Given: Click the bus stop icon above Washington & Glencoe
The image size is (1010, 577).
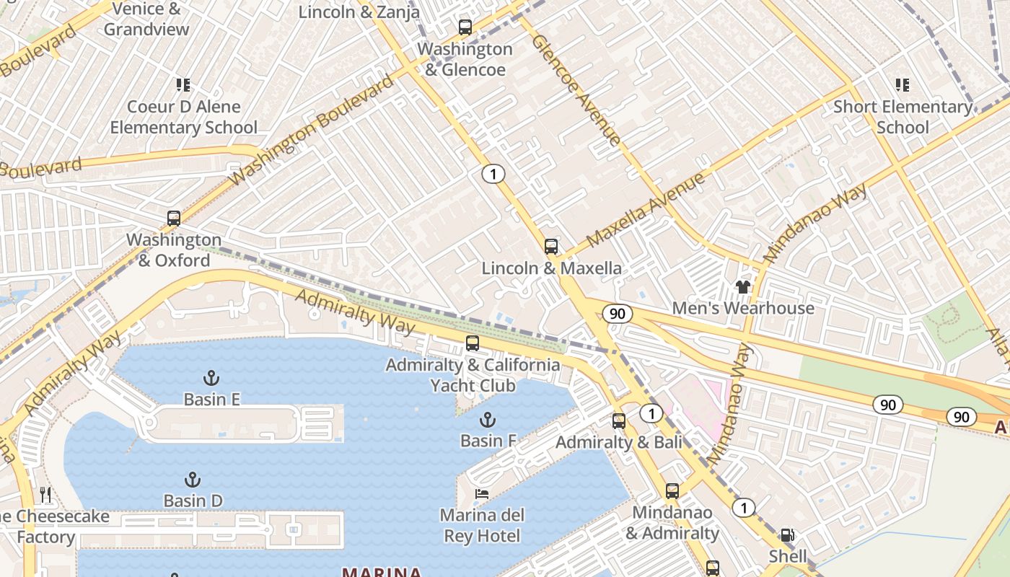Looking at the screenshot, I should click(465, 28).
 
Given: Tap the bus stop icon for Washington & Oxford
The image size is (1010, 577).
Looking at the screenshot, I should click(173, 219).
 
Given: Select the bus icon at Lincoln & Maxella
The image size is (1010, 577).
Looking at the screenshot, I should click(551, 247).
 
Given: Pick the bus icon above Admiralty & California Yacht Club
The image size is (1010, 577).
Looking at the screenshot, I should click(473, 343).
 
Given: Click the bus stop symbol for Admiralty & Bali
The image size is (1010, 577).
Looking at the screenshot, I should click(619, 421).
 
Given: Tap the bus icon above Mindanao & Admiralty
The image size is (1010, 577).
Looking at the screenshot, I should click(672, 491).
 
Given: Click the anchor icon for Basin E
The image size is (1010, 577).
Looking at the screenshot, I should click(211, 378).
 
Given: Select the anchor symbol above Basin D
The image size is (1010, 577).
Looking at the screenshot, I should click(192, 480).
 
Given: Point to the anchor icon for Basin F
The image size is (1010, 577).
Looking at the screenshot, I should click(488, 420).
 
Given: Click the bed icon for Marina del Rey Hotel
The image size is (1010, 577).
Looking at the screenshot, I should click(482, 494).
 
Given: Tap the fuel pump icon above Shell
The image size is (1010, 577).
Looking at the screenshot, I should click(788, 535).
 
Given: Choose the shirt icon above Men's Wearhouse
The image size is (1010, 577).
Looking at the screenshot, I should click(743, 287).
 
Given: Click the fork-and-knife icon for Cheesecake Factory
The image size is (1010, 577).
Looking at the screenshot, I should click(45, 495).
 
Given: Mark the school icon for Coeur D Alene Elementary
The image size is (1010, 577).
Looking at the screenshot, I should click(183, 85).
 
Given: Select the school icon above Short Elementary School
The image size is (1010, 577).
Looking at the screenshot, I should click(902, 85).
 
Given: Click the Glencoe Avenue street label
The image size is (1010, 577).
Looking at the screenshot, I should click(576, 89).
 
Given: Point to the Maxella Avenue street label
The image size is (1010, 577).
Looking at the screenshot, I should click(645, 210).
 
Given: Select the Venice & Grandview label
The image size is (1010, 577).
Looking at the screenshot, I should click(146, 19).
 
